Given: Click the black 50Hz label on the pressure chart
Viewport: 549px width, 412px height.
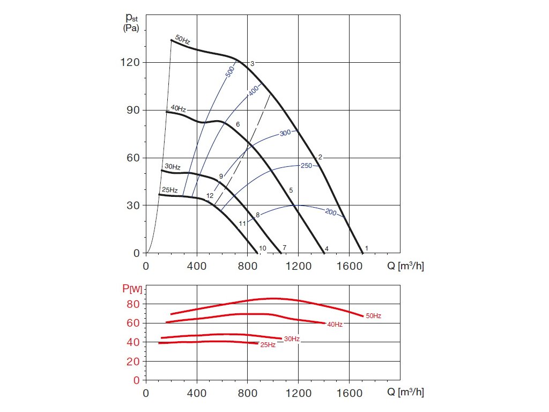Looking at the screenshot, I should click(x=183, y=40).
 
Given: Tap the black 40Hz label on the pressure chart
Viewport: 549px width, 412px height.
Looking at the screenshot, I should click(x=178, y=109).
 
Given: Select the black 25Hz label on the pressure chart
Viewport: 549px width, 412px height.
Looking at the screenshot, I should click(x=169, y=190).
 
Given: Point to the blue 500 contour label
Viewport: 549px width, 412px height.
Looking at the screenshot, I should click(x=230, y=72).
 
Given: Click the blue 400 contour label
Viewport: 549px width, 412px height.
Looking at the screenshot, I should click(x=254, y=91).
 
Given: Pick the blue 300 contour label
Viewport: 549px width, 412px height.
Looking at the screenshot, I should click(x=286, y=133).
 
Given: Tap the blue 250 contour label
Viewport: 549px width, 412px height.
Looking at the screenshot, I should click(x=306, y=166).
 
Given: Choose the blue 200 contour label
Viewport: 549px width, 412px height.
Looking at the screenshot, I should click(x=330, y=212).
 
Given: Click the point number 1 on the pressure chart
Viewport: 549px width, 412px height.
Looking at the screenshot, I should click(x=366, y=248).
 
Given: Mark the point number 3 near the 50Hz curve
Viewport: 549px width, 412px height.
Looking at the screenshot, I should click(x=252, y=64).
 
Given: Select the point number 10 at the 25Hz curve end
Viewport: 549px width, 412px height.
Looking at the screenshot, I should click(x=263, y=248).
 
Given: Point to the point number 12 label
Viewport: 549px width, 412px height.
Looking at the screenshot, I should click(x=210, y=196).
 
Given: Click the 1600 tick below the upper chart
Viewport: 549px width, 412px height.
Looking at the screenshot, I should click(x=349, y=266).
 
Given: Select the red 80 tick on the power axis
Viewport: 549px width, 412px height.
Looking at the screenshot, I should click(x=134, y=304).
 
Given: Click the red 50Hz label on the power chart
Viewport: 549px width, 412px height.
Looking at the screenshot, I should click(x=373, y=316).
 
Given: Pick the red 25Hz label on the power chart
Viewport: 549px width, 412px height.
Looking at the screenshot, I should click(x=268, y=345).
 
